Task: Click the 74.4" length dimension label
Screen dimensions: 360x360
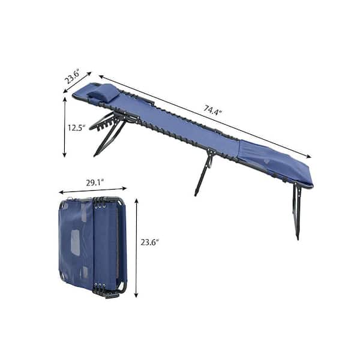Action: click(x=212, y=110)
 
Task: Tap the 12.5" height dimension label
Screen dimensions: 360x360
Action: click(x=76, y=128)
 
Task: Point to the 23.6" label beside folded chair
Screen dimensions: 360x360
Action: click(x=149, y=242)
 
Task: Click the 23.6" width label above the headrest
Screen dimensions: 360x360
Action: click(x=73, y=76)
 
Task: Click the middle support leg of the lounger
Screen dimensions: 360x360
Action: click(x=204, y=172)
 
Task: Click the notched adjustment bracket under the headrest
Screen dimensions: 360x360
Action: click(x=103, y=121)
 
